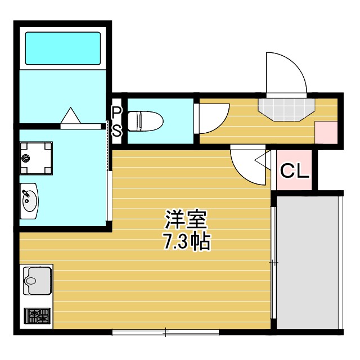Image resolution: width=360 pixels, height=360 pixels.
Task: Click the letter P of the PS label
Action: pyautogui.click(x=116, y=111)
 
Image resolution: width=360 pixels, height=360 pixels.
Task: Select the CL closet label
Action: pyautogui.click(x=295, y=171)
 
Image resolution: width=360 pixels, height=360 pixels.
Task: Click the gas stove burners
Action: pyautogui.click(x=37, y=316)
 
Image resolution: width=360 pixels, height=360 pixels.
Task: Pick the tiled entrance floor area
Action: pyautogui.click(x=286, y=108)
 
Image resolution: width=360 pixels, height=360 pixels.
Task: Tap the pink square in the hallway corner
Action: pyautogui.click(x=326, y=133)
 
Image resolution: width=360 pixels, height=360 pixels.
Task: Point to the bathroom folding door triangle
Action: pyautogui.click(x=71, y=115)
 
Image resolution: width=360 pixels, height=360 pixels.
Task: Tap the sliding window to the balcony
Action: pyautogui.click(x=273, y=262)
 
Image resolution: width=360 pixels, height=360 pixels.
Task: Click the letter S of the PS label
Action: pyautogui.click(x=116, y=131)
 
